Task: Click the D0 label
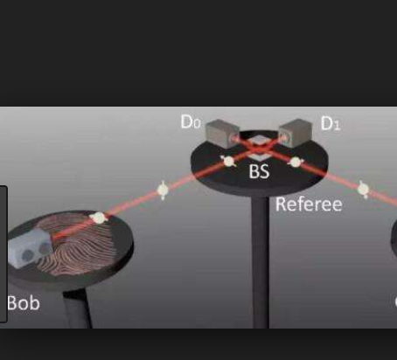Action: pos(191,121)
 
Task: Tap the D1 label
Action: pos(331,123)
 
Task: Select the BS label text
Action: pos(259,171)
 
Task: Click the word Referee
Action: pos(309,204)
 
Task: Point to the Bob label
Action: pos(24,303)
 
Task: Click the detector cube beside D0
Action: pos(222,134)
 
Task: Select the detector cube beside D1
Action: pos(296,133)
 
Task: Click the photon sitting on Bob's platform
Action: pos(98,218)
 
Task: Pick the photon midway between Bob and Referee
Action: pos(163,190)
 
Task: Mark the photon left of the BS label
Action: pos(229,161)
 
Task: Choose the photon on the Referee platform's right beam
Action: pos(296,163)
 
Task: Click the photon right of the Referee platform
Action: pos(363,190)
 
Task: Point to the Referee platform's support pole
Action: pos(261,262)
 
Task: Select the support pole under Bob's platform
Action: pos(77,309)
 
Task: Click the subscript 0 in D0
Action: pos(197,124)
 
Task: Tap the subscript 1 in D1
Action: pos(337,126)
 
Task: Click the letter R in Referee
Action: pos(281,204)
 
